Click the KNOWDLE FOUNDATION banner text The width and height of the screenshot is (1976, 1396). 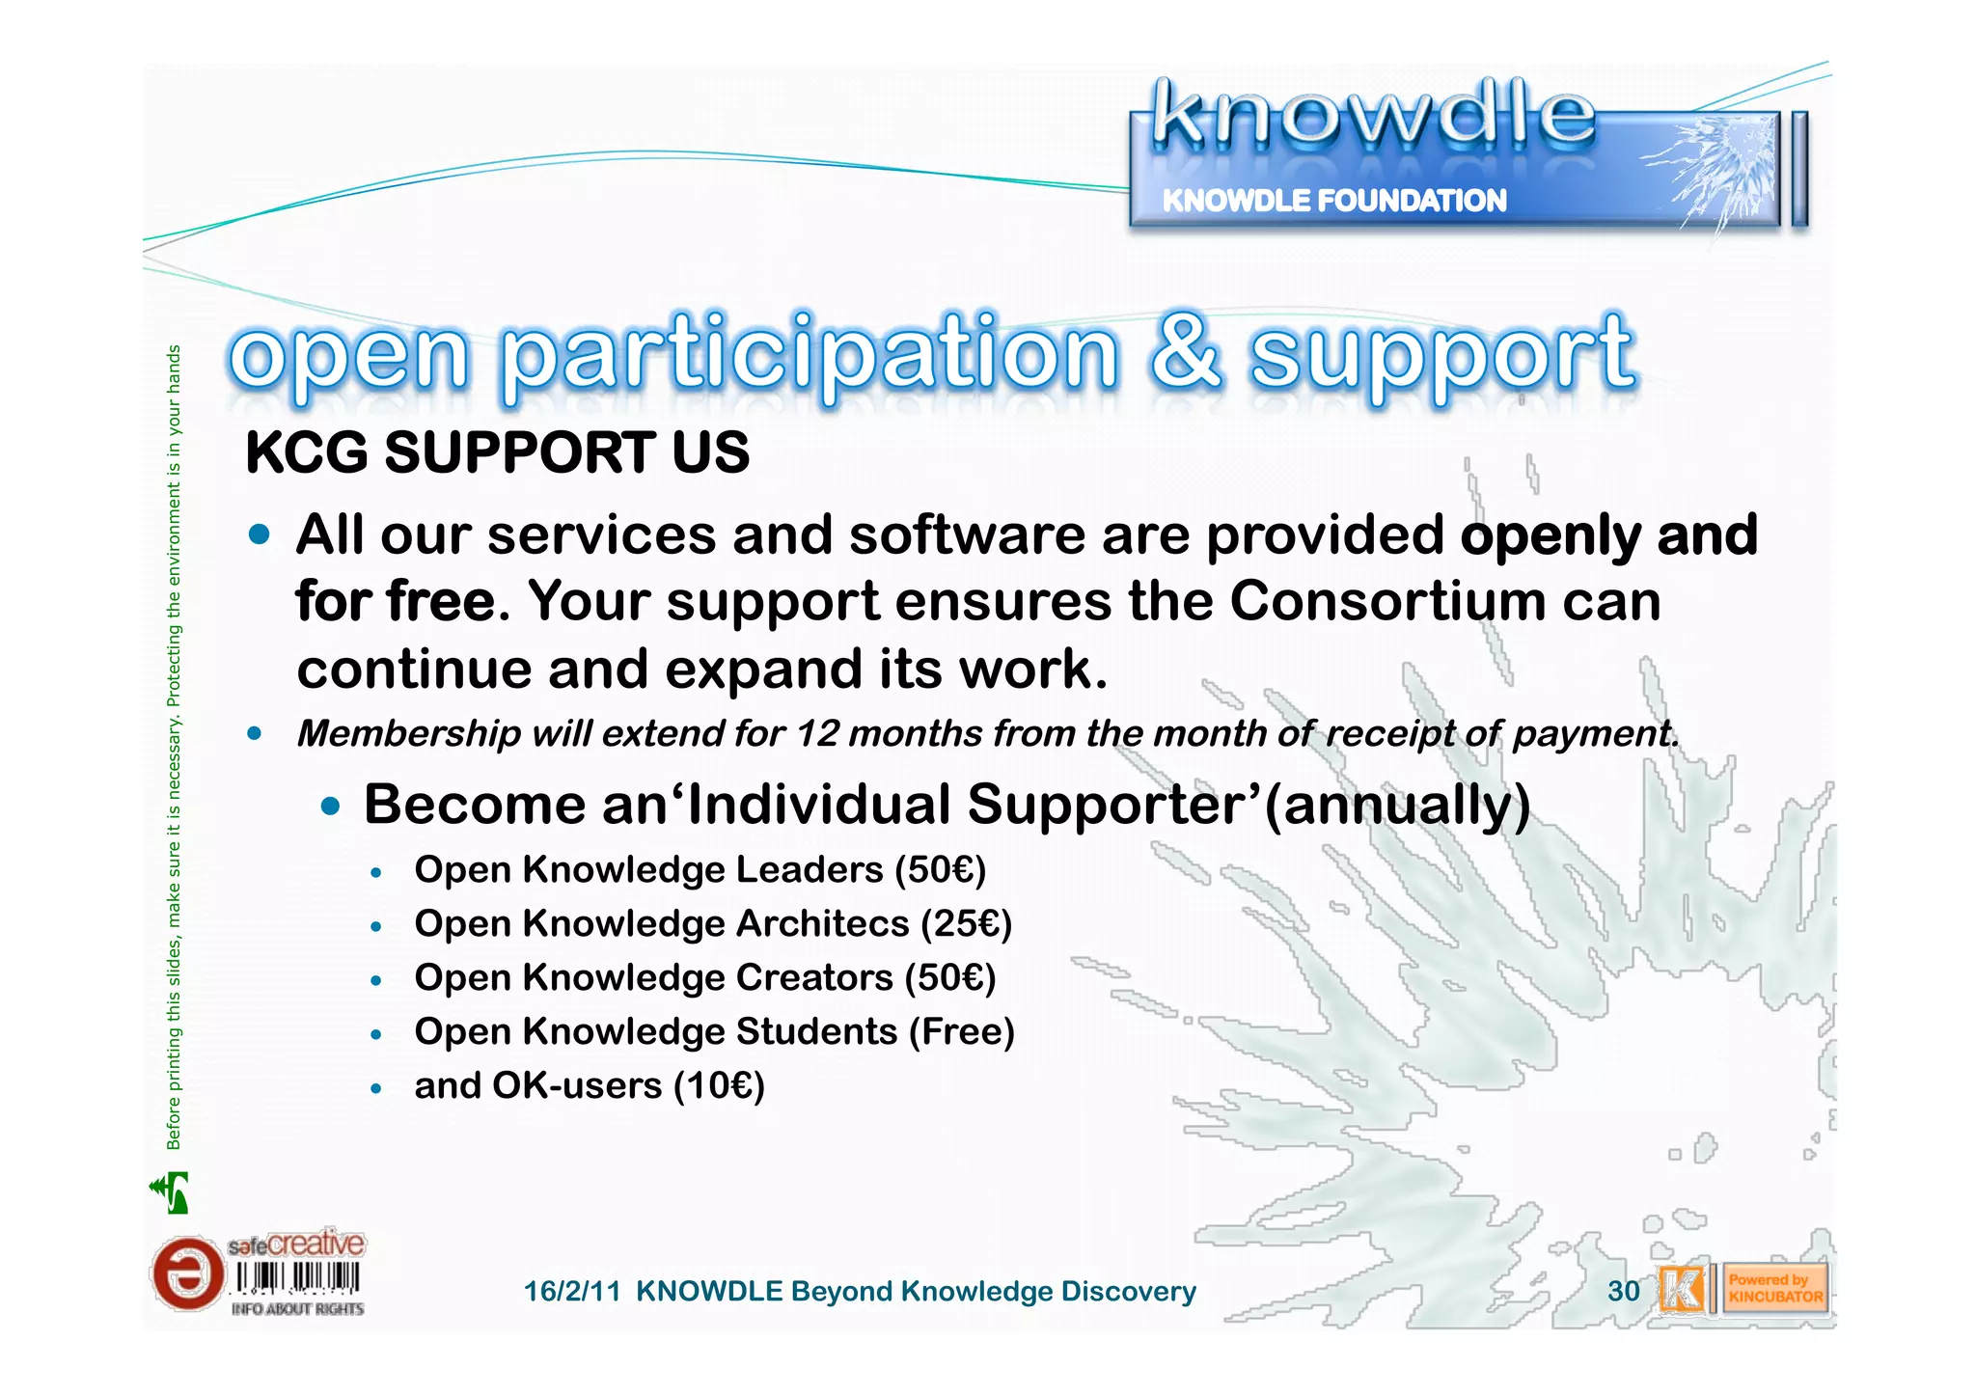pyautogui.click(x=1333, y=201)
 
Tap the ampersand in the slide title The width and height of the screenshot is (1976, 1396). pyautogui.click(x=1185, y=352)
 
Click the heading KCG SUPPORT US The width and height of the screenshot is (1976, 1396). pyautogui.click(x=497, y=452)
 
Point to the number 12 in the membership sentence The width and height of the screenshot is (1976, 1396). pyautogui.click(x=816, y=733)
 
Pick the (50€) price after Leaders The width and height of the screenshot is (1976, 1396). pyautogui.click(x=940, y=869)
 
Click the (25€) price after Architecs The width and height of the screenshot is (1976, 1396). pyautogui.click(x=966, y=923)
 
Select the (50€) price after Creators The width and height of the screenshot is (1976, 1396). pyautogui.click(x=949, y=977)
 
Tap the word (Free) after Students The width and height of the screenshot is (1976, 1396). pyautogui.click(x=961, y=1031)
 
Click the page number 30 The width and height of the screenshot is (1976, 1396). pyautogui.click(x=1624, y=1291)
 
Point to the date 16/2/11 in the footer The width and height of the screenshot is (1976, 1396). pyautogui.click(x=571, y=1291)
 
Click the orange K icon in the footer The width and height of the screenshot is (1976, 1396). pyautogui.click(x=1681, y=1289)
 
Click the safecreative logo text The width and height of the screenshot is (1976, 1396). pyautogui.click(x=296, y=1245)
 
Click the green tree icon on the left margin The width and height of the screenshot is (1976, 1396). pyautogui.click(x=172, y=1192)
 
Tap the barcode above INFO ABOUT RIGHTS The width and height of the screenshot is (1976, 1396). pyautogui.click(x=297, y=1278)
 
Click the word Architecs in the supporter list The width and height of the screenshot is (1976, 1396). pyautogui.click(x=822, y=923)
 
